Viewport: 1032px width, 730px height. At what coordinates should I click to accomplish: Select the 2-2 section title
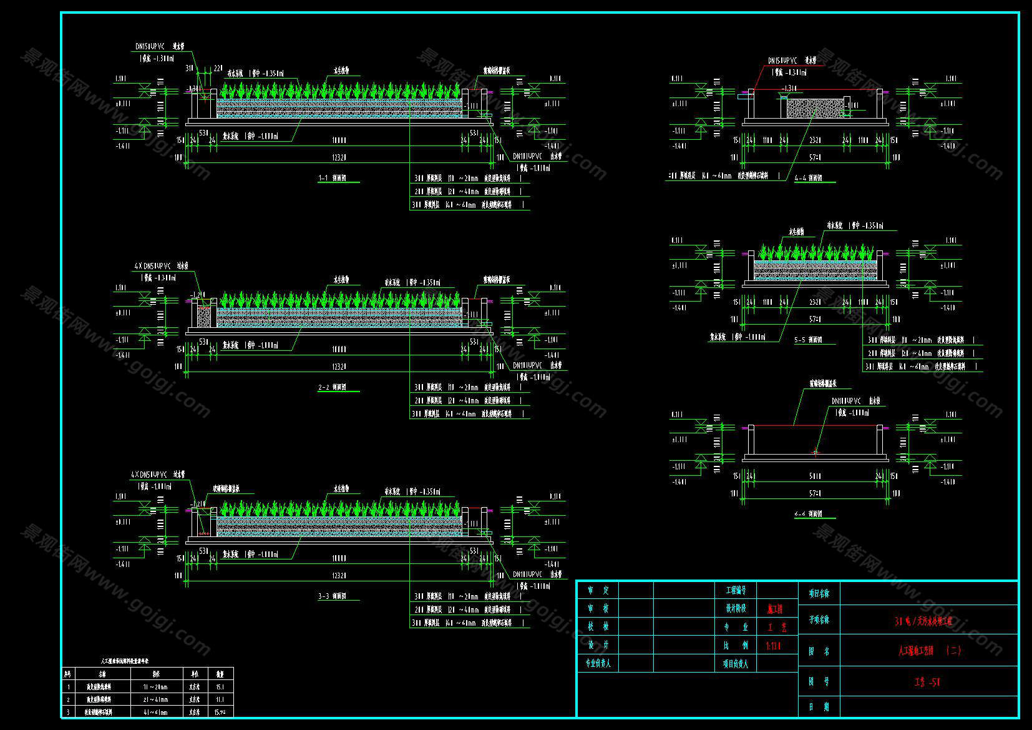tap(332, 388)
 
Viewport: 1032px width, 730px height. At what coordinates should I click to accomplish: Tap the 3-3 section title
tap(332, 597)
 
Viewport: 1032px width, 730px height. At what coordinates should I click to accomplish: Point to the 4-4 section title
tap(808, 179)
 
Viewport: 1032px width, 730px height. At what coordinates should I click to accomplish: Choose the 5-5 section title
tap(808, 340)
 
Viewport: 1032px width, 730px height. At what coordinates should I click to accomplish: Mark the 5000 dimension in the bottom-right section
tap(815, 476)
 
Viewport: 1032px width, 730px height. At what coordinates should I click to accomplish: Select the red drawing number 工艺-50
tap(927, 683)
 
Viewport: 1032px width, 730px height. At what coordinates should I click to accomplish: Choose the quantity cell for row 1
tap(220, 687)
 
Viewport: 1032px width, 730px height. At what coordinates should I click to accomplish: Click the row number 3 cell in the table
tap(68, 712)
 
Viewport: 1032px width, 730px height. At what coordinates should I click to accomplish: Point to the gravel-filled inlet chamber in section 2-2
tap(203, 317)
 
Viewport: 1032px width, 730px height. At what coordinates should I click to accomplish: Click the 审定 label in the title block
tap(598, 590)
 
